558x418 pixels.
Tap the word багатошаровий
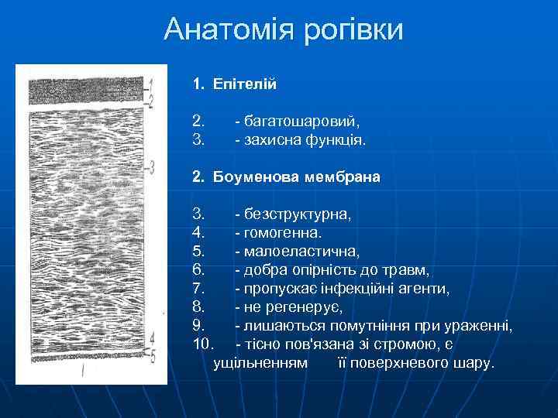302,121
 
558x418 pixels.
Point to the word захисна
272,141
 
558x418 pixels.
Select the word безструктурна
298,214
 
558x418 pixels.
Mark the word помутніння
360,325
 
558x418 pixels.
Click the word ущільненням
260,362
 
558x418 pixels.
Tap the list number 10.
202,344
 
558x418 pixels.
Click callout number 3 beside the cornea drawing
153,166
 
